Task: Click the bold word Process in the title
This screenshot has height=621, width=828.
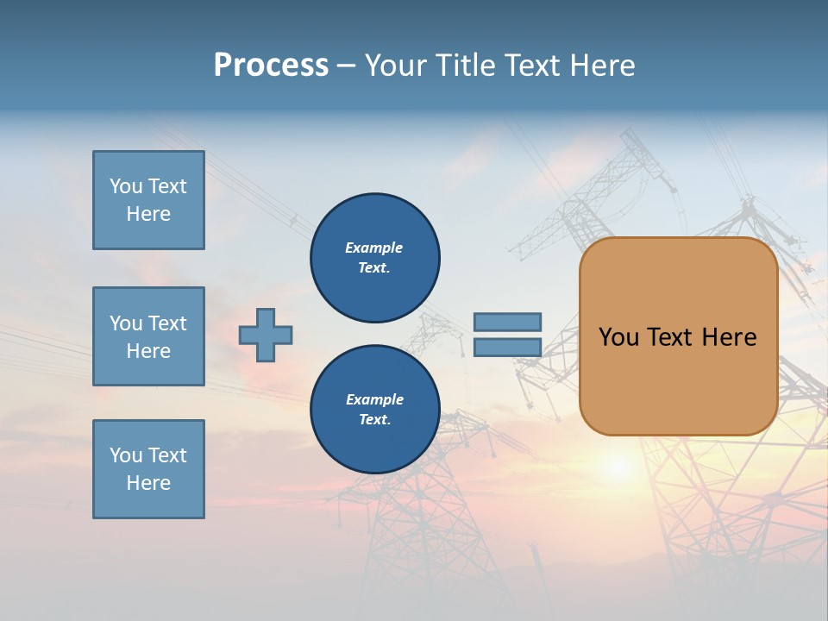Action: pos(271,66)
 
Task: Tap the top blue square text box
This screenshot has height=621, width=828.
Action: pos(148,200)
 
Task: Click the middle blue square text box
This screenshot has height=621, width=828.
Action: pos(148,336)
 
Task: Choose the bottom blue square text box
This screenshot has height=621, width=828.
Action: pos(148,469)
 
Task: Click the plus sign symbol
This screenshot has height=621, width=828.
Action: pos(266,335)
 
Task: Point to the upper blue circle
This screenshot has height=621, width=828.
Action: pos(375,258)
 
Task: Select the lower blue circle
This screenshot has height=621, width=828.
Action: pos(375,410)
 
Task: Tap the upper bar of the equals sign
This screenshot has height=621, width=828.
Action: pos(507,323)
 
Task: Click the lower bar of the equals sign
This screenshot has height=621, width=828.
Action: pos(507,348)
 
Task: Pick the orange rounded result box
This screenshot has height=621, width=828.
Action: pos(678,336)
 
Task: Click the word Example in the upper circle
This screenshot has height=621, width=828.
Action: pos(374,248)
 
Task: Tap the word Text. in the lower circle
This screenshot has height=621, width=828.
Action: pos(374,420)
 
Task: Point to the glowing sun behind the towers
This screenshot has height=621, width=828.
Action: pos(618,466)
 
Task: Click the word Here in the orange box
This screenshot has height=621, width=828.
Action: pos(729,337)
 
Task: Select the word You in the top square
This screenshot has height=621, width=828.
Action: pos(126,186)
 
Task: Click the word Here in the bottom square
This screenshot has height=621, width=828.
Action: pos(148,483)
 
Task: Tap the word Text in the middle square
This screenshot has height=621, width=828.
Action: pos(167,323)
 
